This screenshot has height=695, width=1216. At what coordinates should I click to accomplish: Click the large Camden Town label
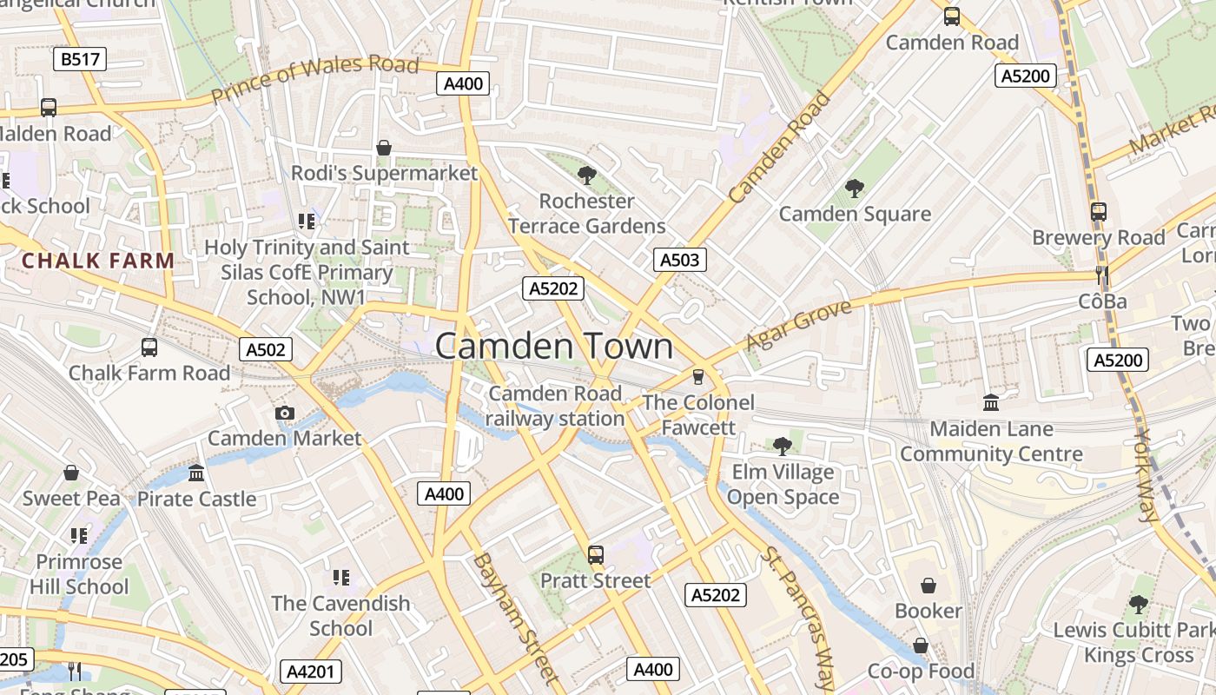click(553, 346)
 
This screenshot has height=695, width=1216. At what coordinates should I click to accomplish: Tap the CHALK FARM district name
click(98, 260)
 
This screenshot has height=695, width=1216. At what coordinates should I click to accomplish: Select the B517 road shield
click(80, 59)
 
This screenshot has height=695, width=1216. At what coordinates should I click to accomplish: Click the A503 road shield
click(679, 259)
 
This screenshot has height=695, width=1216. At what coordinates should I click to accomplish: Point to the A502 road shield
click(265, 349)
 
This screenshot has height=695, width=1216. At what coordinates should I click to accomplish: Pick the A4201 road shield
click(311, 671)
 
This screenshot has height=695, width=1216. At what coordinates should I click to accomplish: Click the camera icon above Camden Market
click(284, 414)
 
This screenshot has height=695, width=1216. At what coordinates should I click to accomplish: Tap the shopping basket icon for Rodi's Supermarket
click(384, 148)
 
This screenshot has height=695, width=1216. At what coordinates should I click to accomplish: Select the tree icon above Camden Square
click(855, 188)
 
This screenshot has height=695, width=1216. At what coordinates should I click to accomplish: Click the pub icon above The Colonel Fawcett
click(697, 377)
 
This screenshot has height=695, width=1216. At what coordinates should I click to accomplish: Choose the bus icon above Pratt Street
click(596, 554)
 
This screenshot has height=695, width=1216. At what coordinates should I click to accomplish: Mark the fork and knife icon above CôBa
click(1102, 276)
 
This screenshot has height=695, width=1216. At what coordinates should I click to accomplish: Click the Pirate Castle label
click(197, 499)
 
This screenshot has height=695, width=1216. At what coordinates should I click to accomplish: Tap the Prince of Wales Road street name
click(314, 79)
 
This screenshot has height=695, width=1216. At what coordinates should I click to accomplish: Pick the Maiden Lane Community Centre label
click(991, 441)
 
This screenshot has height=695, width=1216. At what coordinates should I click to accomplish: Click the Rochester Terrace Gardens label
click(587, 214)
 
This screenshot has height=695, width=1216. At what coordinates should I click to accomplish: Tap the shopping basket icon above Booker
click(929, 586)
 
